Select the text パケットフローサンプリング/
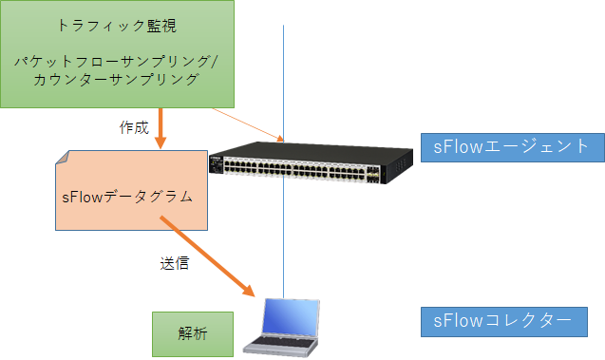[117, 62]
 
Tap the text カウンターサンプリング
[117, 80]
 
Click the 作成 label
[134, 127]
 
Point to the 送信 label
[174, 263]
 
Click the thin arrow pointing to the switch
[247, 123]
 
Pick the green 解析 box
[193, 334]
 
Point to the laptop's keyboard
[276, 344]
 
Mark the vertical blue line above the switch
[283, 76]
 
